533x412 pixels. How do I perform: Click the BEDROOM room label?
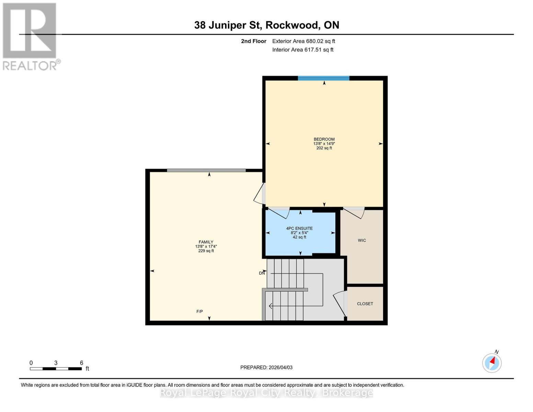324,139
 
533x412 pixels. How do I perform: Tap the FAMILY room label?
206,242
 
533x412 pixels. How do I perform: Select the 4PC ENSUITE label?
299,228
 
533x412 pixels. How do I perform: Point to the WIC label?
362,240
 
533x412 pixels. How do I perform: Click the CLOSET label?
365,304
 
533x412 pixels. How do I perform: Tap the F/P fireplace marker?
199,311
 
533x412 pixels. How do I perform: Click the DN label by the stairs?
262,273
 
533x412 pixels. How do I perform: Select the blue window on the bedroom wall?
323,78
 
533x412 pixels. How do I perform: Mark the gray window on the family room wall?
206,170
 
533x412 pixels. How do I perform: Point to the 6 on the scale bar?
81,363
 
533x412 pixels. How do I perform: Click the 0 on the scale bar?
31,363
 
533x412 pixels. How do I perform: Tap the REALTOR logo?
30,36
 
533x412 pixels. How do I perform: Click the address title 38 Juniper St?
267,25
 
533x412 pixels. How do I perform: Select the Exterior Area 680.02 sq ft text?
303,41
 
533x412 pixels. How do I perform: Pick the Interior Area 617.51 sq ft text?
303,50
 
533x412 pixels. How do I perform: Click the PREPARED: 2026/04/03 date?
266,367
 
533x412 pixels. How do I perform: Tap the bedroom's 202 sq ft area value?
324,148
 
